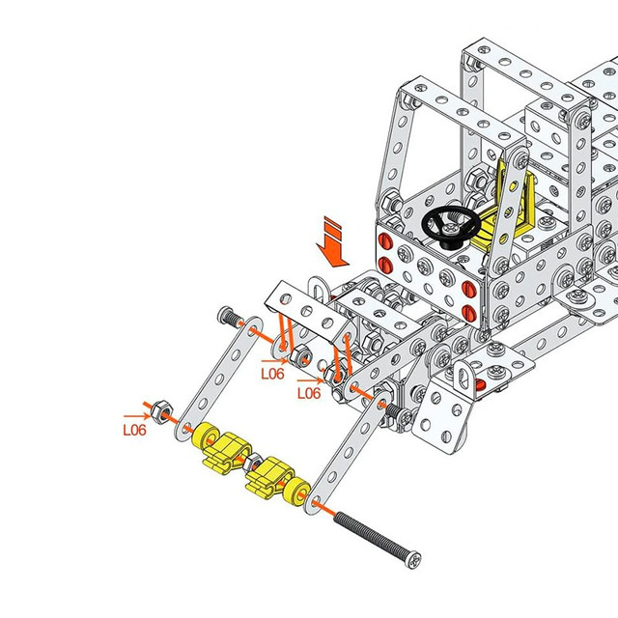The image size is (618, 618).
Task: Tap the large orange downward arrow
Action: (332, 242)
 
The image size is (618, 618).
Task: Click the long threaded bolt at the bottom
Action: (378, 540)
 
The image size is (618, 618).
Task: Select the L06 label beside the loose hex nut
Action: (135, 430)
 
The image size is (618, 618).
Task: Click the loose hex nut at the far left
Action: (161, 411)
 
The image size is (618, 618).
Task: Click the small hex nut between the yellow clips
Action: (252, 463)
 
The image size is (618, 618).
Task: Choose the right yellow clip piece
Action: (269, 477)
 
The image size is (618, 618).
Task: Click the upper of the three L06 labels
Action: (272, 374)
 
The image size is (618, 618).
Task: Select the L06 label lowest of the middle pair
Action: (309, 393)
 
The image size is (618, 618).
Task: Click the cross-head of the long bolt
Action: (414, 560)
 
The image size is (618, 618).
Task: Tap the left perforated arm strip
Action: (219, 379)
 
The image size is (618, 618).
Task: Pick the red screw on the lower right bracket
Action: (479, 384)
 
